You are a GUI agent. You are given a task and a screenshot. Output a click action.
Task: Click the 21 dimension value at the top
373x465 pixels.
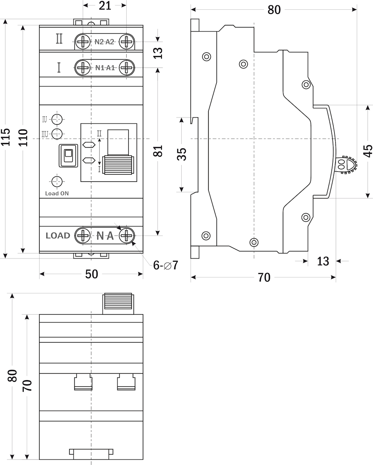(x=105, y=5)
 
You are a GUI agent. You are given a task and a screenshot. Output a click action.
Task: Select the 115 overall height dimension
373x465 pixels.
(x=5, y=137)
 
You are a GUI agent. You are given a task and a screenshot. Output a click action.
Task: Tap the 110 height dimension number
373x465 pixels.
(x=23, y=138)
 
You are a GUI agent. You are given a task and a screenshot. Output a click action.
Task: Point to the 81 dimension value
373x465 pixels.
(x=158, y=151)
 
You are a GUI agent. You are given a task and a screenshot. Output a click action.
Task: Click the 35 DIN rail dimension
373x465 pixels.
(x=182, y=154)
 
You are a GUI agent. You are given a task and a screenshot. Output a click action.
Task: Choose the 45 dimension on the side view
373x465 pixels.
(x=368, y=151)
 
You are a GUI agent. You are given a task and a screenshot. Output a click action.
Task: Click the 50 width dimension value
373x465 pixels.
(x=91, y=274)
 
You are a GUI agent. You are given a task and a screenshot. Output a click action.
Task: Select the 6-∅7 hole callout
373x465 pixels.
(x=165, y=265)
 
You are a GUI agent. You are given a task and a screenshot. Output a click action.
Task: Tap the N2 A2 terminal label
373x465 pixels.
(x=104, y=42)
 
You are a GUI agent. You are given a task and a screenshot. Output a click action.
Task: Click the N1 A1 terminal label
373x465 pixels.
(x=105, y=68)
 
